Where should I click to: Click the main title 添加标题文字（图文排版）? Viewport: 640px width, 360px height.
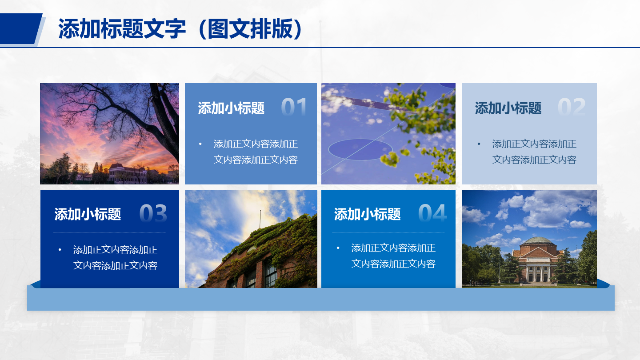coord(180,28)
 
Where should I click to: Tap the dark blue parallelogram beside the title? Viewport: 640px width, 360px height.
coord(20,28)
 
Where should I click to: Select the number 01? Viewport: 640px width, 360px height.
coord(294,107)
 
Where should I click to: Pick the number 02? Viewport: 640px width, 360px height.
coord(572,107)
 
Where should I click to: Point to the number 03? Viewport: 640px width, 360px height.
coord(153,213)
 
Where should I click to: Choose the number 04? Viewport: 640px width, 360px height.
coord(432,213)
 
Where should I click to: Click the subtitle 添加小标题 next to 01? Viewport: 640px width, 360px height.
coord(231,108)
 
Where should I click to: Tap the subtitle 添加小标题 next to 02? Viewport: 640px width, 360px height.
coord(508,108)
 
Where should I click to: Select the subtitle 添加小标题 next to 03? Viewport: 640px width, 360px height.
coord(88,214)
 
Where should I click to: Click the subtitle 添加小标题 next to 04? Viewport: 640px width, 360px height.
coord(367,214)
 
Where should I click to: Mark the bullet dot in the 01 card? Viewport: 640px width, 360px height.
coord(200,144)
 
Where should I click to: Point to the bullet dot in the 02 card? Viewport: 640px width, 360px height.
coord(479,144)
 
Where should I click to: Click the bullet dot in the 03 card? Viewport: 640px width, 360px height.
coord(60,250)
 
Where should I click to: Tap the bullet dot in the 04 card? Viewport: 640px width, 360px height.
coord(338,248)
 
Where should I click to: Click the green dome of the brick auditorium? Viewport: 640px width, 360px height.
coord(538,240)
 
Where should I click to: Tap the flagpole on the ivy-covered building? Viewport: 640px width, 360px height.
coord(260,220)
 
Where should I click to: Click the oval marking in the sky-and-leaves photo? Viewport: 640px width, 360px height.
coord(360,149)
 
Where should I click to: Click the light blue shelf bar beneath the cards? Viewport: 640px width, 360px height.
coord(321,298)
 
